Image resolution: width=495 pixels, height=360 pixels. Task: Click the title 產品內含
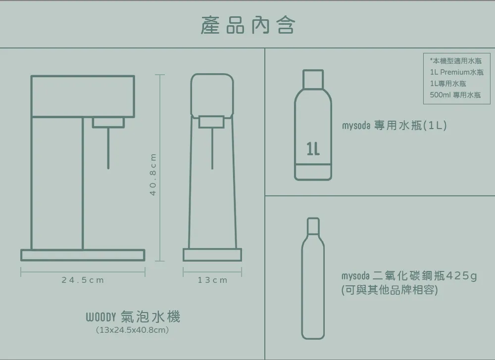(248, 25)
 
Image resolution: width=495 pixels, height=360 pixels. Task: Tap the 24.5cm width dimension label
(83, 280)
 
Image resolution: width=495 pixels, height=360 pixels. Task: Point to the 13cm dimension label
(212, 280)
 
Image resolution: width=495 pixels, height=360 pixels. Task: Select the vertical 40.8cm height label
(153, 175)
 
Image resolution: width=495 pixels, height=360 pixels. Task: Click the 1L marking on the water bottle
(313, 148)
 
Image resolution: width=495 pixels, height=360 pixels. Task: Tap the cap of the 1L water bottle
(313, 79)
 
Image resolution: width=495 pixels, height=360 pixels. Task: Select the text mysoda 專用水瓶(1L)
(395, 126)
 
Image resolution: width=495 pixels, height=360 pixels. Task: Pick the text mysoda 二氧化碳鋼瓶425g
(409, 276)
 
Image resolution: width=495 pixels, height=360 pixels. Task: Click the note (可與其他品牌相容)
(390, 290)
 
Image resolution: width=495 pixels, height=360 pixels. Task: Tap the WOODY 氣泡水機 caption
(133, 316)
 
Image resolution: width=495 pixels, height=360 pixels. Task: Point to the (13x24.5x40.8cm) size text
(132, 330)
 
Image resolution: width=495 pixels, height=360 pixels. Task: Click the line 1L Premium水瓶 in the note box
(456, 72)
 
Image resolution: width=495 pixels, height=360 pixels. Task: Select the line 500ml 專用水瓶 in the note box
(455, 95)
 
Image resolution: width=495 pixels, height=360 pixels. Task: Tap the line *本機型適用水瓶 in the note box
(455, 60)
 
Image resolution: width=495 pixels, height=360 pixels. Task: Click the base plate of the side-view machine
(83, 255)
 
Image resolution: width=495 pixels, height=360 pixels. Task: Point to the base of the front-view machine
(212, 255)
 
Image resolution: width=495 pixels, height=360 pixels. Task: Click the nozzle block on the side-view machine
(108, 122)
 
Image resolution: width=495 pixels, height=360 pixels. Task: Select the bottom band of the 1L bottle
(313, 172)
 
